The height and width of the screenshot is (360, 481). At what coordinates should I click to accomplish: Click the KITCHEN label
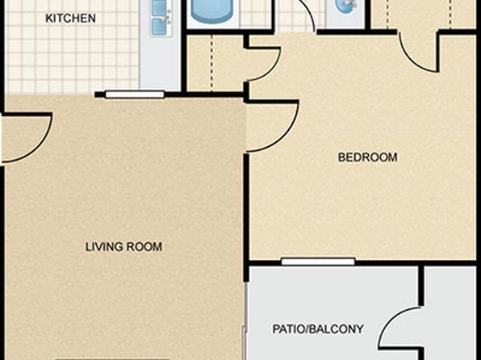pyautogui.click(x=70, y=18)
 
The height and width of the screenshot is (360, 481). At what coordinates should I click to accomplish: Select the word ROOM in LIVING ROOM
pyautogui.click(x=144, y=247)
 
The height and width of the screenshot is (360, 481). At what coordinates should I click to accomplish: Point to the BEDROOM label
pyautogui.click(x=367, y=157)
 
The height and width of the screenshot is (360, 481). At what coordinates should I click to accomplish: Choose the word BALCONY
pyautogui.click(x=337, y=329)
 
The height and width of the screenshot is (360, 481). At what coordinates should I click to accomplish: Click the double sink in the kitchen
pyautogui.click(x=161, y=18)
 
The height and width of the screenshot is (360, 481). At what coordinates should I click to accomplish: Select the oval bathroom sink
pyautogui.click(x=346, y=6)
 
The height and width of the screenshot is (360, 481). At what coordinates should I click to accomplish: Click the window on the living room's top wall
pyautogui.click(x=135, y=94)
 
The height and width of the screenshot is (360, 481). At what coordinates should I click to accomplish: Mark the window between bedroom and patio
pyautogui.click(x=318, y=262)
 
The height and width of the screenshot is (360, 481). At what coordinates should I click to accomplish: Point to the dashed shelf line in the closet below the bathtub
pyautogui.click(x=211, y=63)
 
